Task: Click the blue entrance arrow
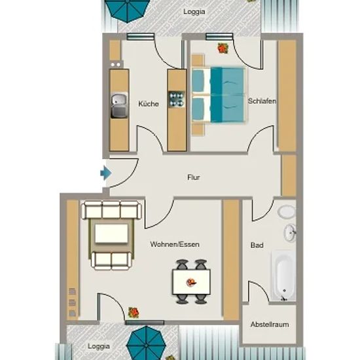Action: pyautogui.click(x=106, y=173)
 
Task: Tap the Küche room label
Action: pyautogui.click(x=149, y=103)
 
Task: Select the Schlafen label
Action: pyautogui.click(x=262, y=101)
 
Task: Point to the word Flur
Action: pyautogui.click(x=194, y=177)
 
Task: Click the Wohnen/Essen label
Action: pyautogui.click(x=175, y=244)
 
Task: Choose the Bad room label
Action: pyautogui.click(x=257, y=245)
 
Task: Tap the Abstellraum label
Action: pyautogui.click(x=270, y=325)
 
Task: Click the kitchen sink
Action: pyautogui.click(x=119, y=105)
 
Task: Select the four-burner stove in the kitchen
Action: pyautogui.click(x=177, y=99)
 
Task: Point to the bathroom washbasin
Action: pyautogui.click(x=290, y=232)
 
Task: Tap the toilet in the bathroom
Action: pyautogui.click(x=287, y=211)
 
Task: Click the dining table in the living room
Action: pyautogui.click(x=191, y=282)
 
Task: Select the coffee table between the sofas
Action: pyautogui.click(x=111, y=234)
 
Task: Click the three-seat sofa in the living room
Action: pyautogui.click(x=111, y=210)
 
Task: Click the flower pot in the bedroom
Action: pyautogui.click(x=223, y=48)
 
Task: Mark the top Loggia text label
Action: pyautogui.click(x=194, y=12)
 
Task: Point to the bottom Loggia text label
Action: pyautogui.click(x=98, y=346)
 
